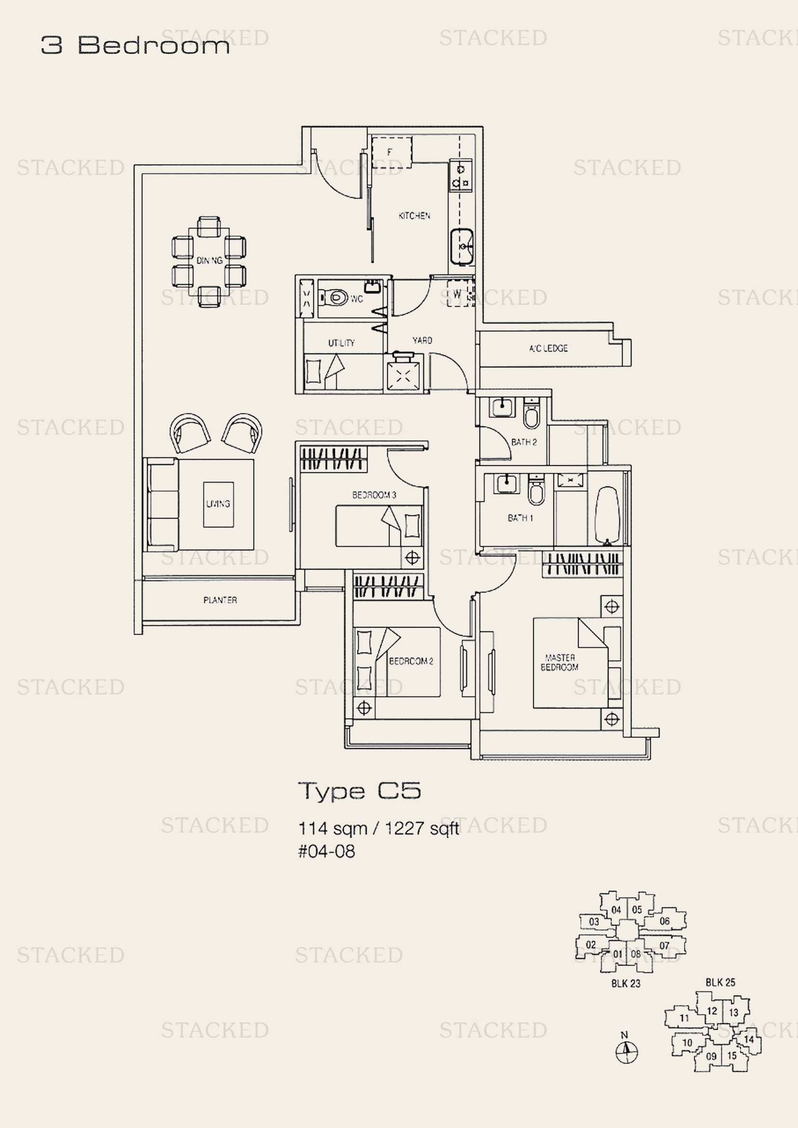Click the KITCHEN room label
[x=414, y=215]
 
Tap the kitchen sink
[x=461, y=245]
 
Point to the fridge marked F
[x=391, y=152]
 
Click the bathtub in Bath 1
[x=607, y=516]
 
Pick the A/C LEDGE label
[x=549, y=348]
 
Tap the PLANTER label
[x=220, y=600]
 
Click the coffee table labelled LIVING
[x=218, y=504]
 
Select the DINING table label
[x=209, y=260]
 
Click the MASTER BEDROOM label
[x=560, y=662]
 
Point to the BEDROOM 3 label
[x=374, y=495]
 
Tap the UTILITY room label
[x=342, y=342]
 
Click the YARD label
[x=422, y=340]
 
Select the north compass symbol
[x=627, y=1052]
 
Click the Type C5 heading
[x=360, y=791]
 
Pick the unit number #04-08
[x=326, y=851]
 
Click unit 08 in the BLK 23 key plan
[x=636, y=953]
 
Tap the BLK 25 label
[x=720, y=982]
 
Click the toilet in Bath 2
[x=532, y=414]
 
